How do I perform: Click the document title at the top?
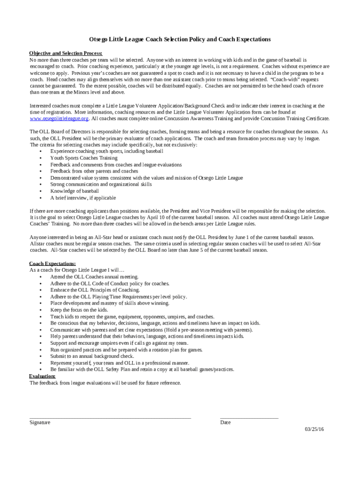[x=180, y=39]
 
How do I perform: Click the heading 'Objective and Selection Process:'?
[x=66, y=53]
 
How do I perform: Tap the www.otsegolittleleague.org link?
[x=59, y=119]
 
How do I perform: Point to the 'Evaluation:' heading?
[x=42, y=376]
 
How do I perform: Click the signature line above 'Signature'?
[x=110, y=418]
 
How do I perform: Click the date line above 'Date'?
[x=249, y=418]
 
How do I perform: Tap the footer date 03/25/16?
[x=314, y=429]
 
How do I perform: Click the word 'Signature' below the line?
[x=40, y=422]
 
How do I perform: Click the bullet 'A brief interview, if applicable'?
[x=83, y=197]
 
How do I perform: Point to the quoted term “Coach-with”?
[x=285, y=80]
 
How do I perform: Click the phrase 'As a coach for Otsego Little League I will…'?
[x=77, y=270]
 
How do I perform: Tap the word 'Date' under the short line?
[x=225, y=422]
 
